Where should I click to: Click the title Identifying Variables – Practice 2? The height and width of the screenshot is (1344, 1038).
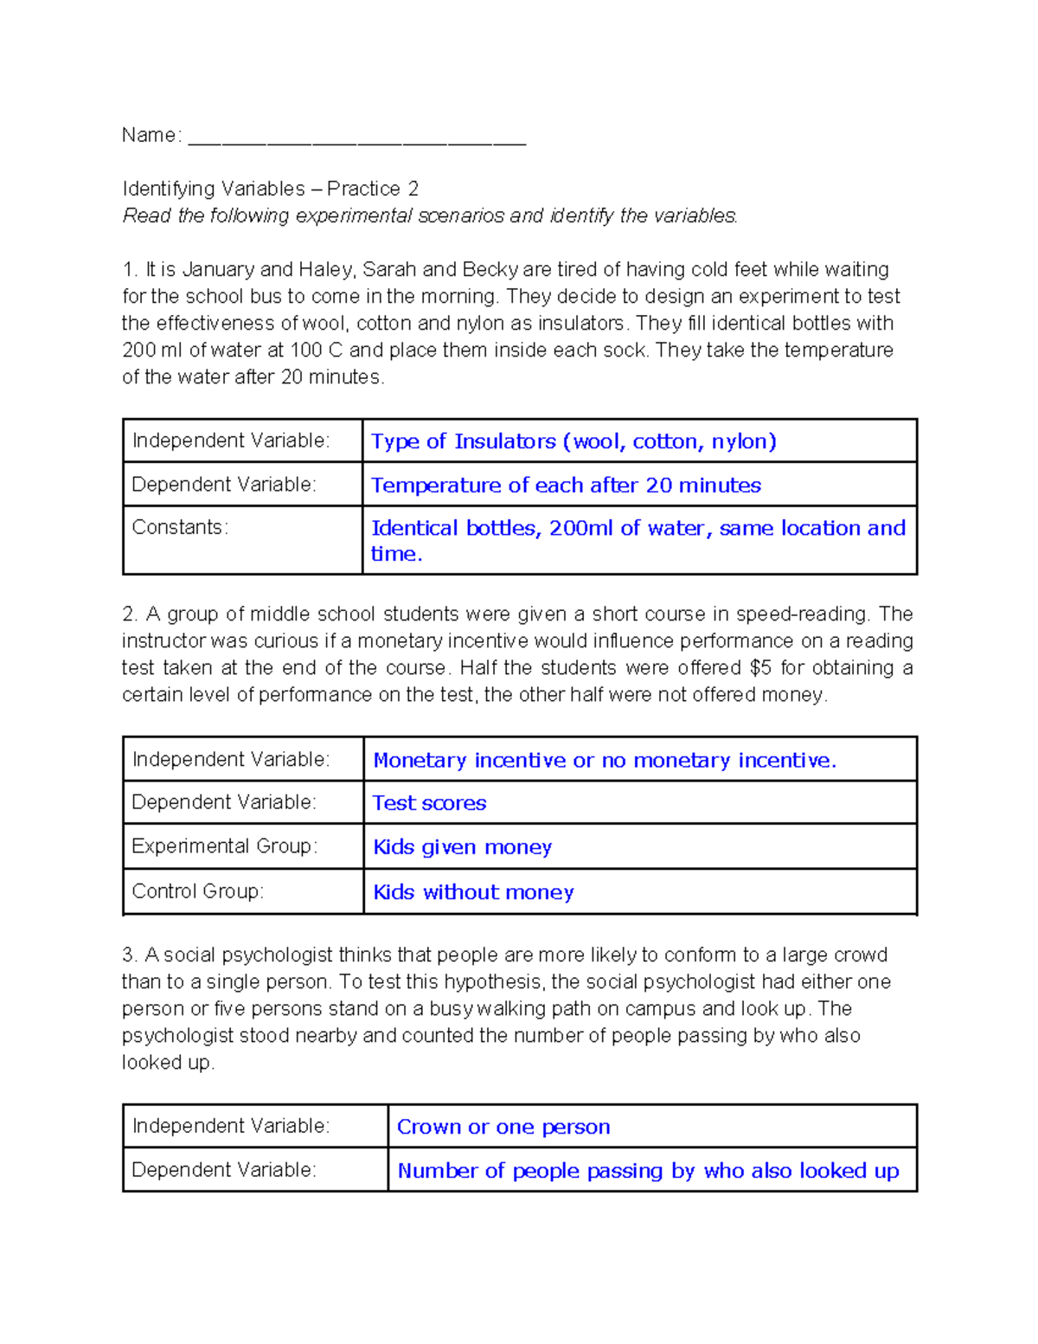tap(270, 189)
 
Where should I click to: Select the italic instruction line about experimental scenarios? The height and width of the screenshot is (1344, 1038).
tap(430, 215)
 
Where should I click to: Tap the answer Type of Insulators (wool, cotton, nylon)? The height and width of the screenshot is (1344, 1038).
tap(573, 441)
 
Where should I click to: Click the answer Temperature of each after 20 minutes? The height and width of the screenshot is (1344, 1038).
tap(566, 486)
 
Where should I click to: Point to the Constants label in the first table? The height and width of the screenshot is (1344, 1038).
tap(180, 527)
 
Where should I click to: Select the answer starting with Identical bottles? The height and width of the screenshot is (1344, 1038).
tap(638, 540)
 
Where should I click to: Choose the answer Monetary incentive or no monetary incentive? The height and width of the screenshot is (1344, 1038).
tap(605, 760)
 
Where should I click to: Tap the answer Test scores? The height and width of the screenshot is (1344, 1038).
tap(429, 803)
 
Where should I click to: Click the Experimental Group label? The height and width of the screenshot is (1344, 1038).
tap(224, 846)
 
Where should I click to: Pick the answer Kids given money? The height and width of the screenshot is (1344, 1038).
tap(462, 847)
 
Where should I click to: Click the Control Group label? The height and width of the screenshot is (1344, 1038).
tap(197, 891)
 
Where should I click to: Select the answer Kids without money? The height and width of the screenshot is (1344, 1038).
tap(473, 892)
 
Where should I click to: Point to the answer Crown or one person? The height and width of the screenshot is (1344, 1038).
tap(503, 1127)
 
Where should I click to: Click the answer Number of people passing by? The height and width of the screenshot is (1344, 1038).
tap(648, 1171)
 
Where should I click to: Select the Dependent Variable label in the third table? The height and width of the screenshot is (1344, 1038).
tap(223, 1170)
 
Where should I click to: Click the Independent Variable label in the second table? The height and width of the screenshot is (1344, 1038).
tap(230, 759)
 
